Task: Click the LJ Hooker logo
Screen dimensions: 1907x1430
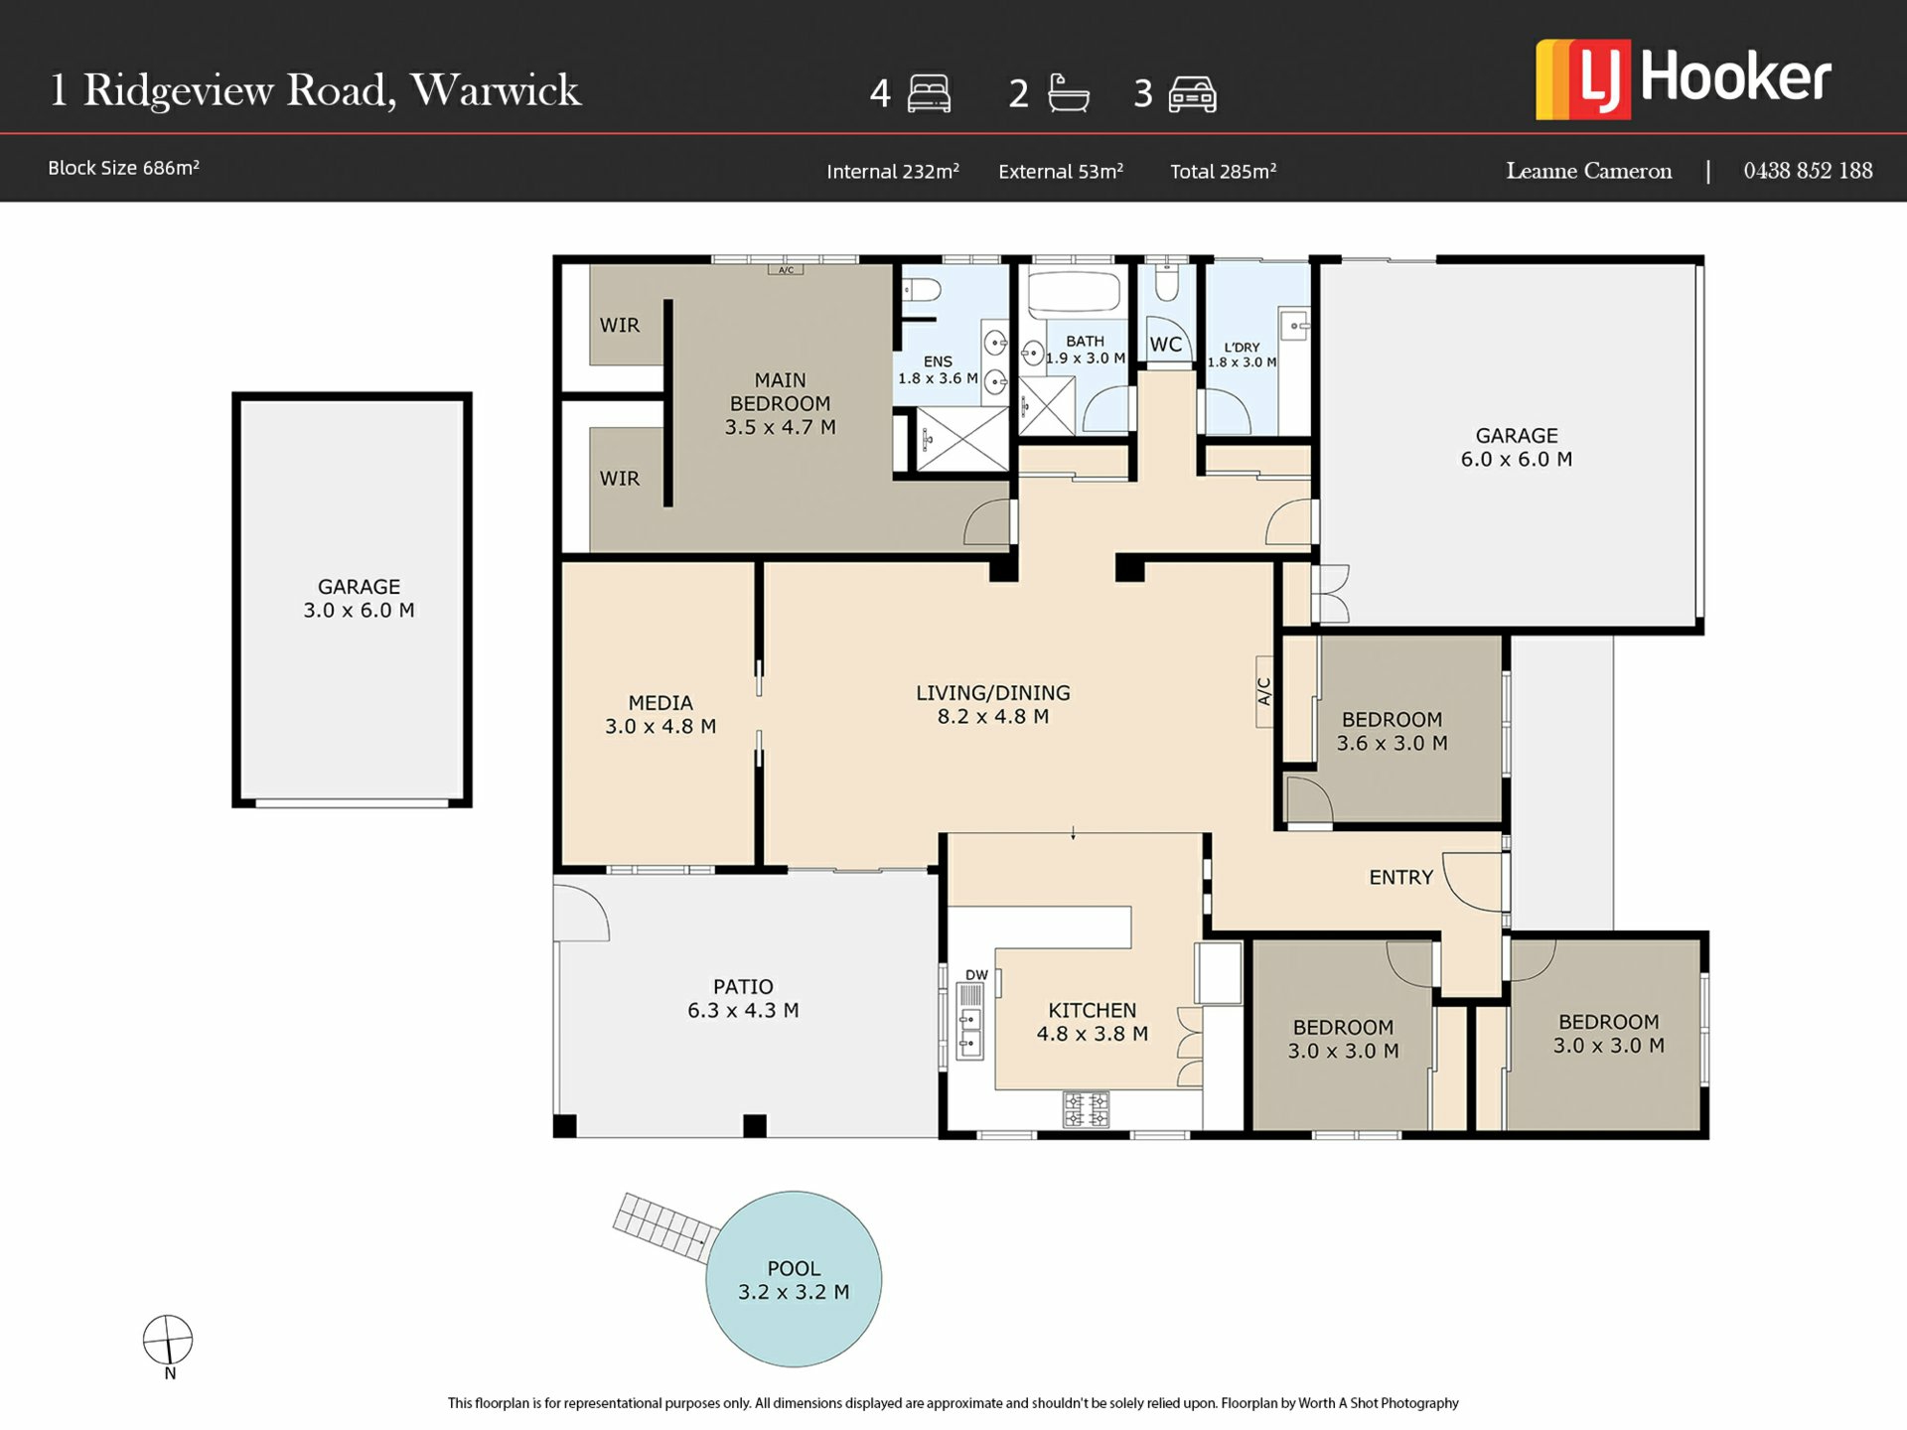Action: tap(1683, 79)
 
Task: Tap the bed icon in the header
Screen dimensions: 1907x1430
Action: tap(929, 93)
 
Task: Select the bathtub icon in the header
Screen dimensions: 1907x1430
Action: tap(1069, 92)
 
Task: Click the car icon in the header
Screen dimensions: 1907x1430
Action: tap(1192, 94)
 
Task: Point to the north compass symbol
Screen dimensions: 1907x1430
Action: tap(168, 1340)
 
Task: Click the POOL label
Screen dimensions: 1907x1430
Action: tap(794, 1268)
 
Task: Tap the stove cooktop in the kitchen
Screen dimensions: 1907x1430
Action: tap(1086, 1109)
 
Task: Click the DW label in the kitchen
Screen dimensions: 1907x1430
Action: tap(976, 975)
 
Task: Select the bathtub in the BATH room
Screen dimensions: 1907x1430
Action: tap(1074, 292)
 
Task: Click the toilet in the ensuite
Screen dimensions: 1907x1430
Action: tap(921, 290)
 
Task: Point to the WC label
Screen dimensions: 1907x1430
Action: tap(1166, 345)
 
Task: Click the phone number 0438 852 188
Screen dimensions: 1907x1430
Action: tap(1808, 171)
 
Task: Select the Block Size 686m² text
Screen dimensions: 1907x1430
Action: tap(123, 168)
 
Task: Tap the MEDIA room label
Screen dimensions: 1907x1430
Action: tap(660, 702)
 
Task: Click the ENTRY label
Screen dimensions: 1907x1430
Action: tap(1400, 877)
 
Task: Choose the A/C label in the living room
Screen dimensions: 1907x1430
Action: tap(1264, 691)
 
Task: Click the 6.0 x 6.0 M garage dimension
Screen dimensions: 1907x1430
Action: tap(1516, 459)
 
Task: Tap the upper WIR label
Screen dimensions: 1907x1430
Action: tap(620, 325)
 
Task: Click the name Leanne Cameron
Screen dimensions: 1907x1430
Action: tap(1588, 171)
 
